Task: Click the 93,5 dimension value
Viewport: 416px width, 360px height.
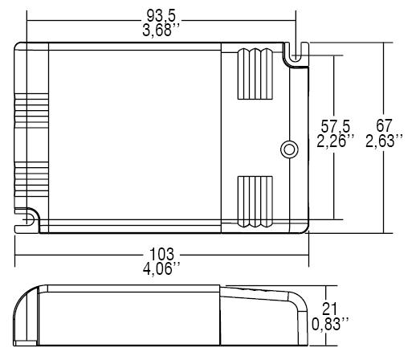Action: pos(161,16)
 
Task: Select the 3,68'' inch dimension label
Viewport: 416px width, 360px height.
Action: pos(161,31)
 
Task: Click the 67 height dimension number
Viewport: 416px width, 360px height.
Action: pos(385,129)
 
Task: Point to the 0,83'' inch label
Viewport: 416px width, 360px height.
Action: pos(330,325)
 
